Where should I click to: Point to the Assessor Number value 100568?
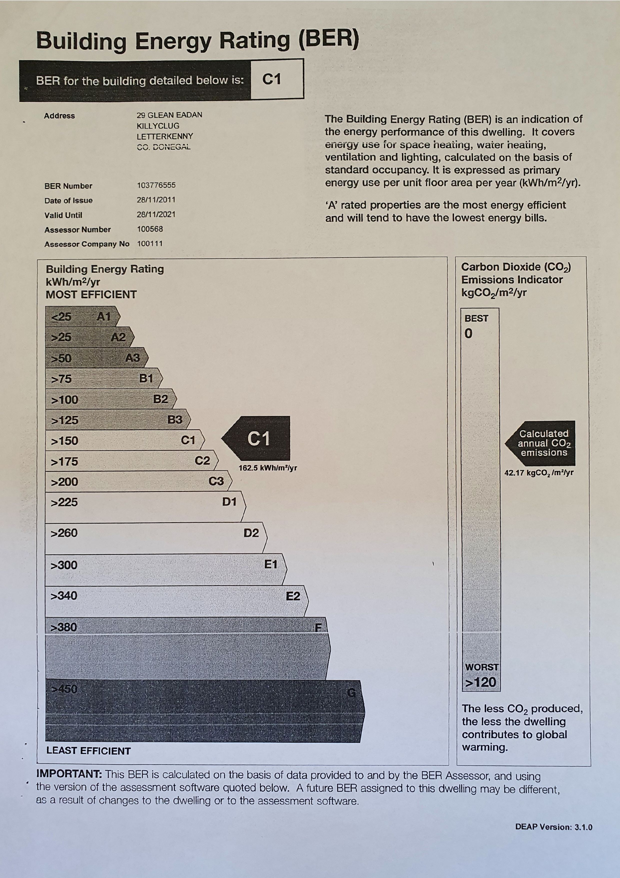150,229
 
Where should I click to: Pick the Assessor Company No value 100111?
150,244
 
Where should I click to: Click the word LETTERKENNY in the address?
165,136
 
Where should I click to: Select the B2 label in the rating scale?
160,399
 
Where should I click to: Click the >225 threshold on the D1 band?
64,502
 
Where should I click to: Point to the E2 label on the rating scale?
293,596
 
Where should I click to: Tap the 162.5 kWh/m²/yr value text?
268,468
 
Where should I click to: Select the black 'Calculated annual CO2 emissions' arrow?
542,443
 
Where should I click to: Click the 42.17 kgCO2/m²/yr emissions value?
539,473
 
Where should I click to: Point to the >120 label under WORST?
480,682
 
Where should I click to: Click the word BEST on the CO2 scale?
476,319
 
